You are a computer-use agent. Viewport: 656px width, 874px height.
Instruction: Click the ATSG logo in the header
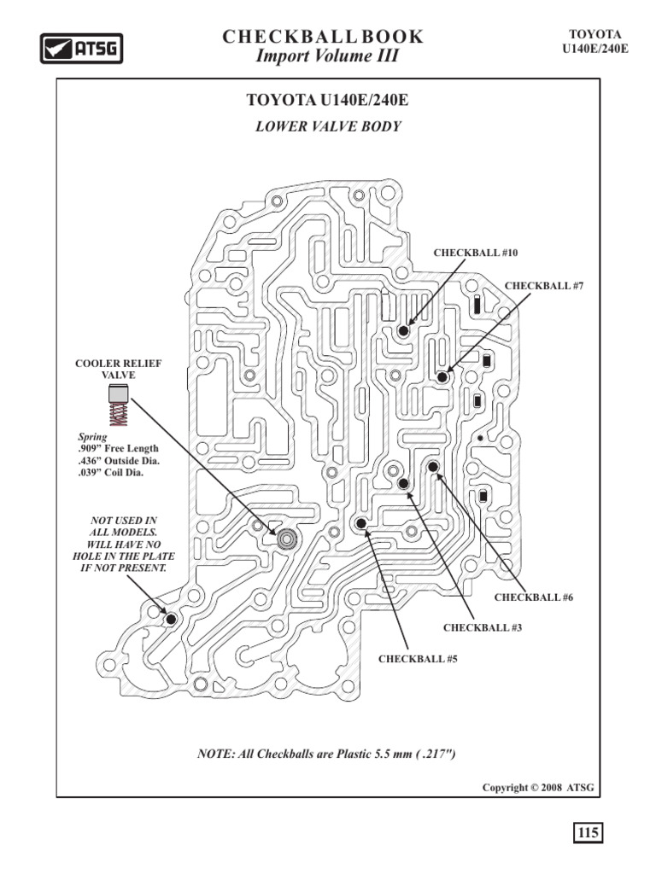(82, 48)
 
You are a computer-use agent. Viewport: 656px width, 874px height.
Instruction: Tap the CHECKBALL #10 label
(476, 253)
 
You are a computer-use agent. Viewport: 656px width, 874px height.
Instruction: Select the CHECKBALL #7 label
(543, 285)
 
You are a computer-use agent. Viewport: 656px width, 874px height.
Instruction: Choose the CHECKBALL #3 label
(482, 628)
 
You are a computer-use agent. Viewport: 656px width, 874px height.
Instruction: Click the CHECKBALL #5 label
(413, 659)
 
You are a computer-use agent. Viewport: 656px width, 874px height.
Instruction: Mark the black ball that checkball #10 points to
(403, 329)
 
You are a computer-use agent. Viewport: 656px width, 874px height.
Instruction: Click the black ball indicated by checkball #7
(442, 376)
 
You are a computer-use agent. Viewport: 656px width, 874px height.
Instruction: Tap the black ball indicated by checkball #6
(433, 467)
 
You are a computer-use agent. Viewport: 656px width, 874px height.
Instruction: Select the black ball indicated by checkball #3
(403, 484)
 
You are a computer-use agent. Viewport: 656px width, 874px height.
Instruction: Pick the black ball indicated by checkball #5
(361, 523)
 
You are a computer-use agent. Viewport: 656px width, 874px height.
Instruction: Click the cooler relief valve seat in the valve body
(287, 538)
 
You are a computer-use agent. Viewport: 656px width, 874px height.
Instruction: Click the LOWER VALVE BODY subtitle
(328, 126)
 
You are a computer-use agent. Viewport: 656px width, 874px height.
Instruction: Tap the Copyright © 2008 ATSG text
(538, 787)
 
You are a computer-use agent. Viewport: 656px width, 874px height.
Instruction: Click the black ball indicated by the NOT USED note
(171, 618)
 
